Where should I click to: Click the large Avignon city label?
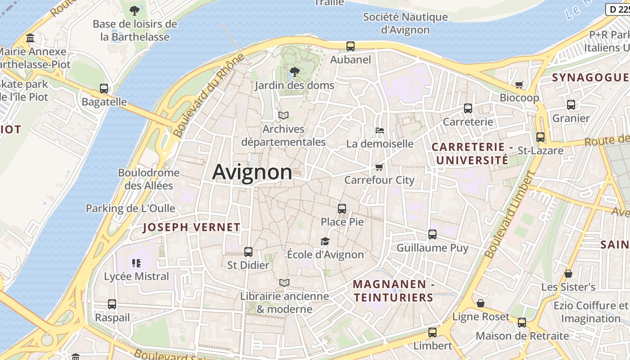coord(252,172)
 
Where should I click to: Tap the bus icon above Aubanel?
coord(350,46)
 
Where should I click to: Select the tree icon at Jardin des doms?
coord(294,72)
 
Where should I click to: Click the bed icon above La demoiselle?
coord(379,130)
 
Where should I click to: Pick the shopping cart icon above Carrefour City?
coord(379,167)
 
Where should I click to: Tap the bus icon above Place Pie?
coord(342,209)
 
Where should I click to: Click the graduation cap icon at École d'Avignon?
coord(325,242)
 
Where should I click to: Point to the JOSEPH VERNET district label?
coord(192,227)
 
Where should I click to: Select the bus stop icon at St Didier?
coord(248,252)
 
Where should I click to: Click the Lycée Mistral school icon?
coord(136,263)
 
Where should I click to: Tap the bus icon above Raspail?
coord(112,304)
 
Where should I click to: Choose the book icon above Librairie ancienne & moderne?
coord(284,283)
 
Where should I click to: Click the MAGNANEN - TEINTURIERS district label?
coord(393,291)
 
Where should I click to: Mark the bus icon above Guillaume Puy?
coord(432,234)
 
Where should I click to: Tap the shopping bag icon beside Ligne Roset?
coord(481,303)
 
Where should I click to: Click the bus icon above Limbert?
coord(432,333)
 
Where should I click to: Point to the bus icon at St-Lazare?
coord(540,137)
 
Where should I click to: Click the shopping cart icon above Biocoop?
coord(519,85)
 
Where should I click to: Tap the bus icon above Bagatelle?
coord(104,89)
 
